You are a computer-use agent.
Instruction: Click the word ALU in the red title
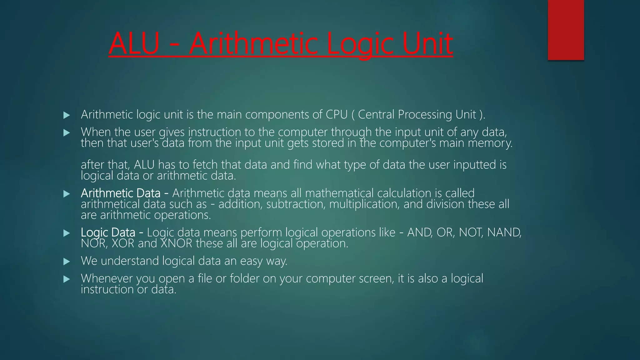[134, 44]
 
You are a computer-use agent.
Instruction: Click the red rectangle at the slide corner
[566, 30]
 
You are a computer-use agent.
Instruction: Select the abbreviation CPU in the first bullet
[337, 115]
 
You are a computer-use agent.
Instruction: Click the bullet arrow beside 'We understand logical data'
[66, 262]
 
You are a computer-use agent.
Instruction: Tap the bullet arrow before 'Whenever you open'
[66, 279]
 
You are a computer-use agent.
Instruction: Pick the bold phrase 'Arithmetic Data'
[121, 193]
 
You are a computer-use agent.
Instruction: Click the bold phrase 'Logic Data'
[108, 232]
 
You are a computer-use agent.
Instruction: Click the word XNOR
[177, 243]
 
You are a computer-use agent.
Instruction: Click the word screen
[376, 278]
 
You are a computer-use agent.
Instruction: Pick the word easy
[251, 261]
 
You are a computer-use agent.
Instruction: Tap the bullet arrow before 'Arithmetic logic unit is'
[66, 115]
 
